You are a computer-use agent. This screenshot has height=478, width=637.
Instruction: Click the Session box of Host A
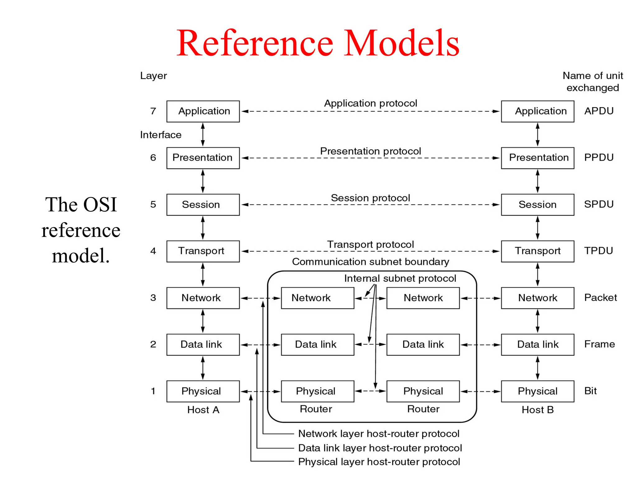tap(203, 204)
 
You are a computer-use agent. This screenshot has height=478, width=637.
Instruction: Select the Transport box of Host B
tap(537, 251)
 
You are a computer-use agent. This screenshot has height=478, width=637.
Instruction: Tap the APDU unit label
tap(599, 111)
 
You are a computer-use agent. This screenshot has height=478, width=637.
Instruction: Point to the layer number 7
tap(153, 111)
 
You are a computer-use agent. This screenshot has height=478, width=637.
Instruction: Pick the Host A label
tap(203, 410)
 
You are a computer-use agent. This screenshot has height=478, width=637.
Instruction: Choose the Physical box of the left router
tap(317, 391)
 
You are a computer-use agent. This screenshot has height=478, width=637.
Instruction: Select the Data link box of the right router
tap(423, 344)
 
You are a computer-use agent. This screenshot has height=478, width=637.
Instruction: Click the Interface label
tap(160, 135)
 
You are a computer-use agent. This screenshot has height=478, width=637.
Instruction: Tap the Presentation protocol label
tap(370, 151)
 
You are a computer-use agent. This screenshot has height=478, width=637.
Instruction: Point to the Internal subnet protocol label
tap(400, 278)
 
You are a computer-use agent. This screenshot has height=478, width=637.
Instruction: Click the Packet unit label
tap(600, 298)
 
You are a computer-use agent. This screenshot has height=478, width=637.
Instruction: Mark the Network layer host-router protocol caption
tap(379, 433)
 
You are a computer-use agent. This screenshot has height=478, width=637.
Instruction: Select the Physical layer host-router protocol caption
tap(379, 462)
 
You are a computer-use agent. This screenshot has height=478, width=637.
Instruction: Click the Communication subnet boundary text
tap(370, 262)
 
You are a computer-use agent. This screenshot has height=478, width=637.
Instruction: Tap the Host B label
tap(537, 410)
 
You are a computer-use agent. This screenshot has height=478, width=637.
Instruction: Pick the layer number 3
tap(153, 298)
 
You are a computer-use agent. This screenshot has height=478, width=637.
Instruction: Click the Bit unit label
tap(590, 391)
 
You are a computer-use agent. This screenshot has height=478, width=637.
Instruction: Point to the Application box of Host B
tap(537, 111)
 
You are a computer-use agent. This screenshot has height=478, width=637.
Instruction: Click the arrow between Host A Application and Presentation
tap(203, 134)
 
